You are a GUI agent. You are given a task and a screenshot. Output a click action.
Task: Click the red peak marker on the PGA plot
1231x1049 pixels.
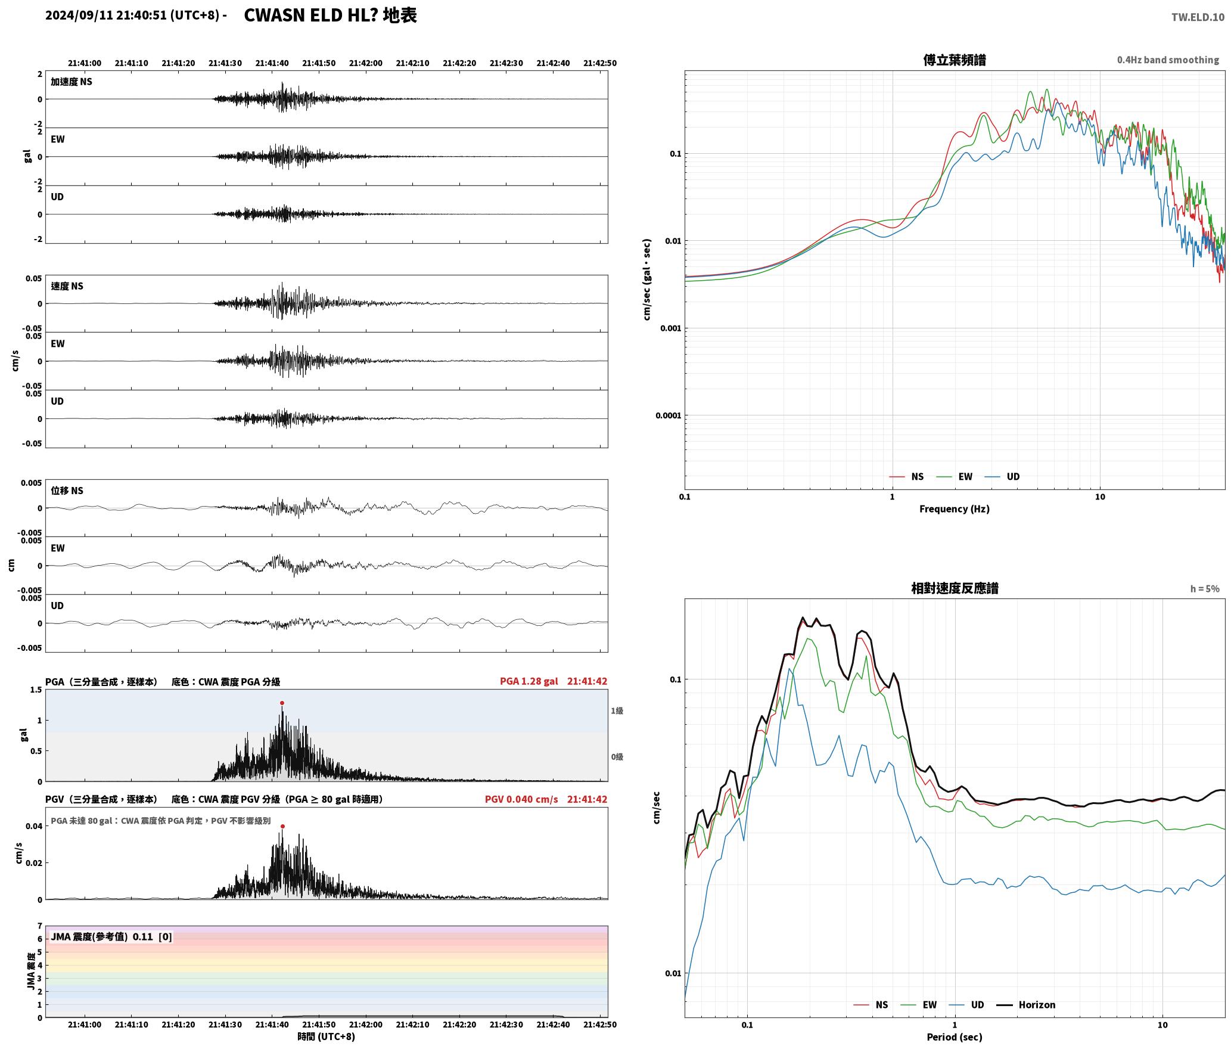click(x=282, y=703)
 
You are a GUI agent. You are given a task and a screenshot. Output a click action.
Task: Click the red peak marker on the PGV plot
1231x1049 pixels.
click(x=282, y=826)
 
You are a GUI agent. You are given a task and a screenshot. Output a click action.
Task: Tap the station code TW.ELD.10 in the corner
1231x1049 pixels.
click(x=1198, y=17)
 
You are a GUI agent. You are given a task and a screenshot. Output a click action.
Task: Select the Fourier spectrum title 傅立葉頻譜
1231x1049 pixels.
click(x=955, y=60)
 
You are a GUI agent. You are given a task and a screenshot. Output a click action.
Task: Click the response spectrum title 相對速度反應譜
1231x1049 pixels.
click(x=955, y=588)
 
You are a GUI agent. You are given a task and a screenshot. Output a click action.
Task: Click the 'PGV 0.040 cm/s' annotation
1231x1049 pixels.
click(x=521, y=799)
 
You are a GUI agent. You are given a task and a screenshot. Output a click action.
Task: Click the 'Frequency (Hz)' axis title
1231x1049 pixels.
click(x=955, y=509)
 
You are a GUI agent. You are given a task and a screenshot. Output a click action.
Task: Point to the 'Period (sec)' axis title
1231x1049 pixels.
click(x=955, y=1037)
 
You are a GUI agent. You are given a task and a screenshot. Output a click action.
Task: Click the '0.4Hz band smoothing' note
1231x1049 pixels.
click(x=1168, y=60)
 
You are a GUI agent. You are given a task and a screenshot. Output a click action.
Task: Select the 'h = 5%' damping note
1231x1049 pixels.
click(x=1205, y=589)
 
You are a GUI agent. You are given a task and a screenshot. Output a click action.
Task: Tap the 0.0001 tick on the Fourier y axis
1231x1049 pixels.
click(x=668, y=415)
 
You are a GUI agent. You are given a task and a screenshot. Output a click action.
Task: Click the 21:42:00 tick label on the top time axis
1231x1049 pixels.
click(x=366, y=63)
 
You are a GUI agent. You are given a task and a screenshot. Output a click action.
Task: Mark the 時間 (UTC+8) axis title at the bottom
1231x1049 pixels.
click(x=327, y=1036)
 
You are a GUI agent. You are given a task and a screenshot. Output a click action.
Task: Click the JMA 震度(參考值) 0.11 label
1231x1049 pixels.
click(x=111, y=937)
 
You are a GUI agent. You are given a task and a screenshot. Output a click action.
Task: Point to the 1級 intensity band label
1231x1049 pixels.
click(x=617, y=711)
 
